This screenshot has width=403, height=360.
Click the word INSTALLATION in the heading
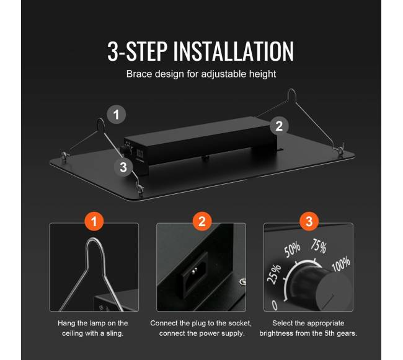[234, 51]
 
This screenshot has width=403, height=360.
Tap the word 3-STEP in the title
[138, 51]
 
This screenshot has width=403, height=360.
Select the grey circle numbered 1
[117, 115]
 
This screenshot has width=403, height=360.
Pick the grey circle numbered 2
[279, 126]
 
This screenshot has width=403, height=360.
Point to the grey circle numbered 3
[123, 167]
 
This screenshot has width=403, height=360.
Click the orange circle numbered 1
[94, 221]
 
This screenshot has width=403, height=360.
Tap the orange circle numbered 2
[202, 221]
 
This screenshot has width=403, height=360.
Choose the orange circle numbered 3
[309, 221]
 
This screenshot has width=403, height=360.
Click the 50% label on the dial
[292, 249]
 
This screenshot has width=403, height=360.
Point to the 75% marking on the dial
[319, 246]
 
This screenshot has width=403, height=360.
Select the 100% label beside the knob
[341, 263]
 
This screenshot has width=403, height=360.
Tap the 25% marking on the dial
[274, 274]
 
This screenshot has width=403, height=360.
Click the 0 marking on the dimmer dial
[275, 305]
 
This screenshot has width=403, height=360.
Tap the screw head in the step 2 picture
[242, 282]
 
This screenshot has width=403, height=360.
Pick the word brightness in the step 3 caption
[276, 333]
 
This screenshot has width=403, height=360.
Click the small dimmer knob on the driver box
[124, 150]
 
